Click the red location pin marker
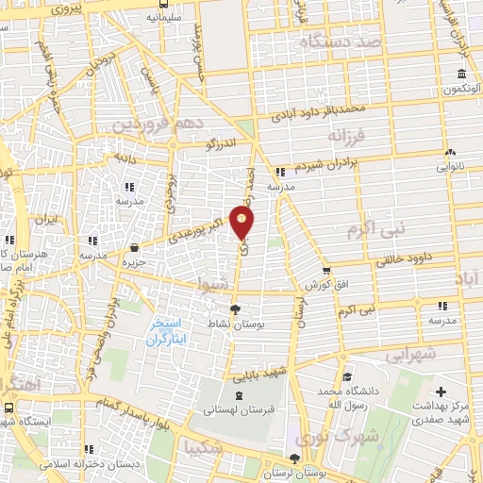tap(243, 223)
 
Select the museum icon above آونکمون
tap(461, 75)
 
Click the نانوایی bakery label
tap(448, 167)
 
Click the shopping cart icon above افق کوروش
tap(326, 269)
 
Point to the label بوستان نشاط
tap(235, 323)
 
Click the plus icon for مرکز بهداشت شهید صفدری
tap(440, 390)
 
